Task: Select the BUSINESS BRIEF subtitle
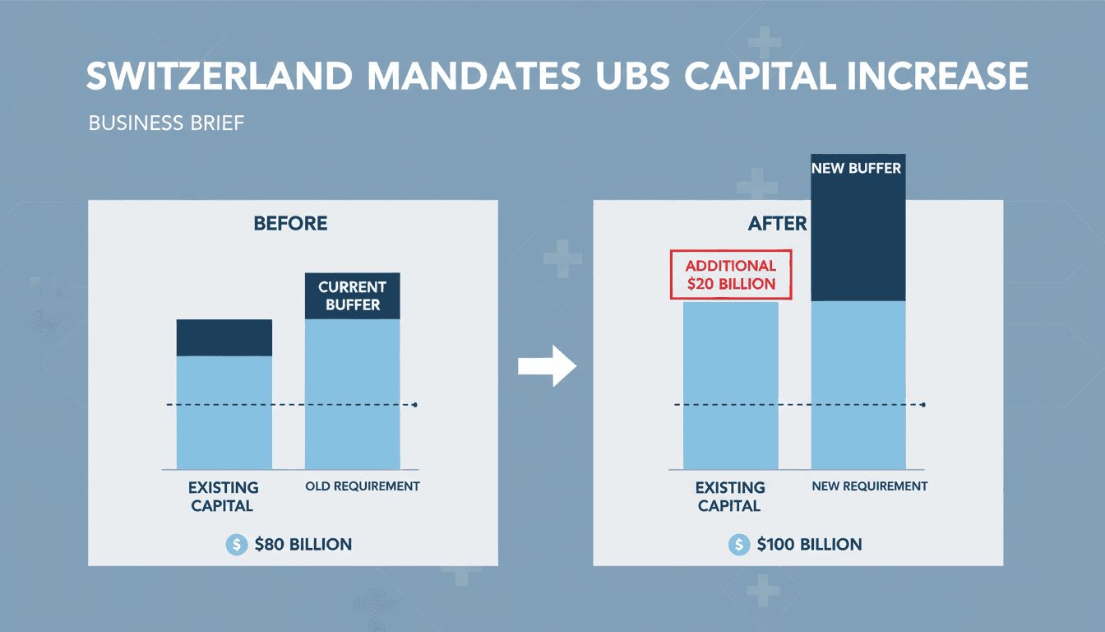[x=167, y=124]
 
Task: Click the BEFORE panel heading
[x=290, y=224]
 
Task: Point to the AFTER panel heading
[x=777, y=224]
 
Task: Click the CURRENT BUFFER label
[x=352, y=296]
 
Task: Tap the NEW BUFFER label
[x=858, y=169]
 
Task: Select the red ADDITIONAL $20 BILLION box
[x=730, y=276]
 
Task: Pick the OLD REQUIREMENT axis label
[x=363, y=486]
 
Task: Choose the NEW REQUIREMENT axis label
[x=869, y=486]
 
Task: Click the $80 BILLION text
[x=303, y=544]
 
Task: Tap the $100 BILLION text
[x=809, y=544]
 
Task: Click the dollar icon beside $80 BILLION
[x=236, y=544]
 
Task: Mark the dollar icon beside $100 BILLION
[x=739, y=544]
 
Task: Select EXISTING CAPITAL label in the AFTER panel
[x=730, y=496]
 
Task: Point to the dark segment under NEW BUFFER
[x=858, y=239]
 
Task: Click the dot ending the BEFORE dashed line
[x=415, y=405]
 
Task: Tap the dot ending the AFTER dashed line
[x=923, y=405]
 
